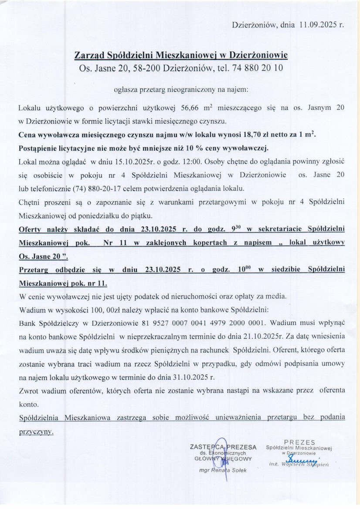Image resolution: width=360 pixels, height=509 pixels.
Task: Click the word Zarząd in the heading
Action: [91, 55]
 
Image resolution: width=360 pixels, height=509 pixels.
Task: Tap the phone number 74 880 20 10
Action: [260, 68]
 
